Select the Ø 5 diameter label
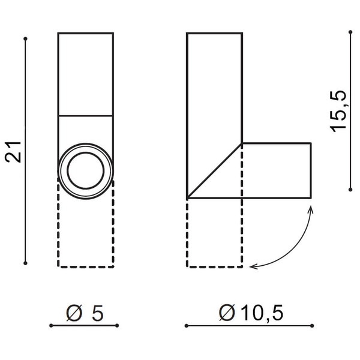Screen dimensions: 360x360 [85, 312]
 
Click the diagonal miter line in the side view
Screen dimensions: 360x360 [215, 171]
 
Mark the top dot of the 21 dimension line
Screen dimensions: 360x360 [26, 39]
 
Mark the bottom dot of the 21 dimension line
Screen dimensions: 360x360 [26, 262]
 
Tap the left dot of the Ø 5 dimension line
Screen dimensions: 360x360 [51, 326]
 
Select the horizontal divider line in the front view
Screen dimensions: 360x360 [86, 115]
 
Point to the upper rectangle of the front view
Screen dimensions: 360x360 [86, 73]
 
